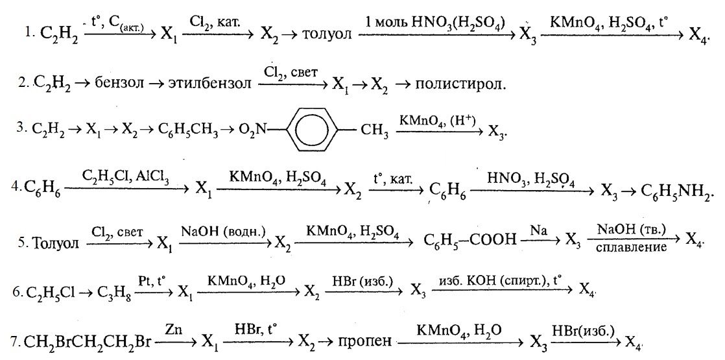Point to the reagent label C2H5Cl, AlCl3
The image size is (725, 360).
coord(127,176)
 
